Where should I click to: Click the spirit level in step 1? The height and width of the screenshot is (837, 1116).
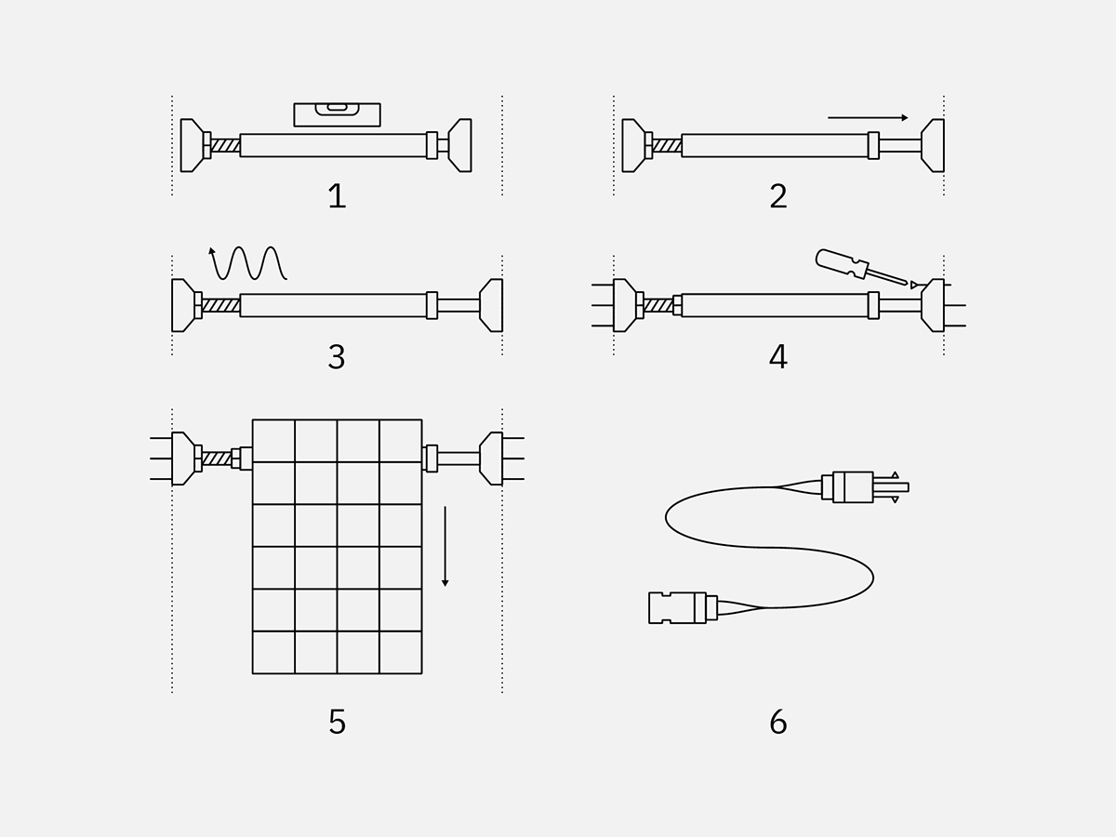337,114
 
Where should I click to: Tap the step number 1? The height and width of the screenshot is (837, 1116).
337,196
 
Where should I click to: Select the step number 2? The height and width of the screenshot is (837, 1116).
778,196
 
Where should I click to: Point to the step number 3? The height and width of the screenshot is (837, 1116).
337,357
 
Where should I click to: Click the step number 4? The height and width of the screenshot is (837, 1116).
778,357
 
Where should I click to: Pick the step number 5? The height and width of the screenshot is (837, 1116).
337,722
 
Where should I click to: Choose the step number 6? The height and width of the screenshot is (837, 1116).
778,722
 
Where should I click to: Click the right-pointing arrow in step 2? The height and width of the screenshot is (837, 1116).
867,118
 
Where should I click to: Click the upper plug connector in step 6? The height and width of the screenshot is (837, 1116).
856,487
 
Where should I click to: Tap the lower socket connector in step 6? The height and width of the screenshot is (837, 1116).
679,607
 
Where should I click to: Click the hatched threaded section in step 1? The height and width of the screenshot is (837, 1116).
225,145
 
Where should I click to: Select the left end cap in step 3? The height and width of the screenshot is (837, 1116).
183,305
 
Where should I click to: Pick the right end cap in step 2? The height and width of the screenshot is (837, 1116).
933,145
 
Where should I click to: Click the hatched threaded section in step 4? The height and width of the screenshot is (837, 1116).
658,305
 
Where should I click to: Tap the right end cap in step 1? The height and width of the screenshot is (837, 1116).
460,145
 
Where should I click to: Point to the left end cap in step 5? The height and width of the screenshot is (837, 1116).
183,458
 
